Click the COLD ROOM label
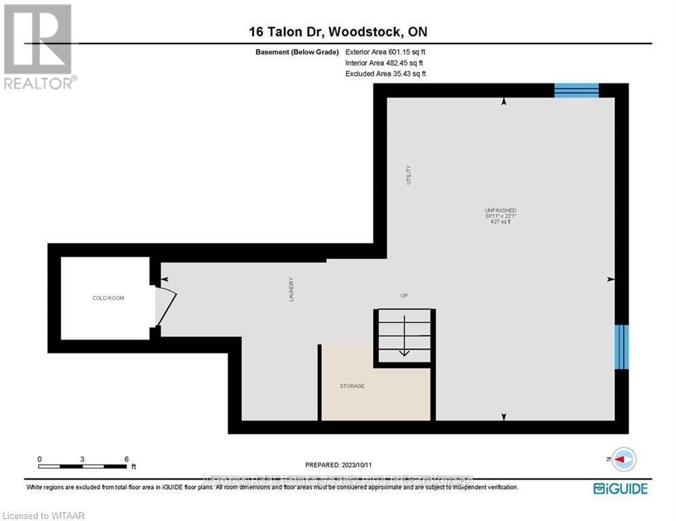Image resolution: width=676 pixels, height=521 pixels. point(109,298)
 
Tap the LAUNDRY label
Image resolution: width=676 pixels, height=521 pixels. point(291,288)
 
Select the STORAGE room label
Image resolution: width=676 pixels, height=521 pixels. point(352,386)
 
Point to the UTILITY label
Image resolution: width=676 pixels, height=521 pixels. point(408,175)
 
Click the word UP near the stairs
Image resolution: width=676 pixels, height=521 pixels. point(404,295)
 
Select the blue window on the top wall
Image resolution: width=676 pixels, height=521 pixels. point(576,90)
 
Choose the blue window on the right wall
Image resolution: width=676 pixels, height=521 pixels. point(622,347)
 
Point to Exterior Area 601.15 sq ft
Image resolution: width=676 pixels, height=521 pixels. point(385,52)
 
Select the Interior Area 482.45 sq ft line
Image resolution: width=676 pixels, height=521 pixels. point(385,62)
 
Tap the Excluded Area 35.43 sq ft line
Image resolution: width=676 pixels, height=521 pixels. point(385,73)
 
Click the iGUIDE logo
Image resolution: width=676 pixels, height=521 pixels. point(620,488)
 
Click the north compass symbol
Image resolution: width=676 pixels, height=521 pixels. point(623,459)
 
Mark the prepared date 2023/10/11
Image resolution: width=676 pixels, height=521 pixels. point(338,465)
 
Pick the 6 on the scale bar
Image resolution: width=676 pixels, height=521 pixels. point(126,459)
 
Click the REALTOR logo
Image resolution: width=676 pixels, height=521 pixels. point(38,46)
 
